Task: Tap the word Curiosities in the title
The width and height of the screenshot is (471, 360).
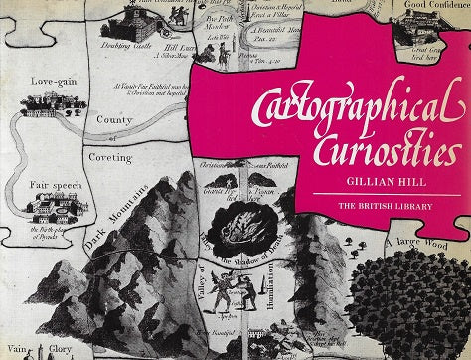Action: pos(384,152)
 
